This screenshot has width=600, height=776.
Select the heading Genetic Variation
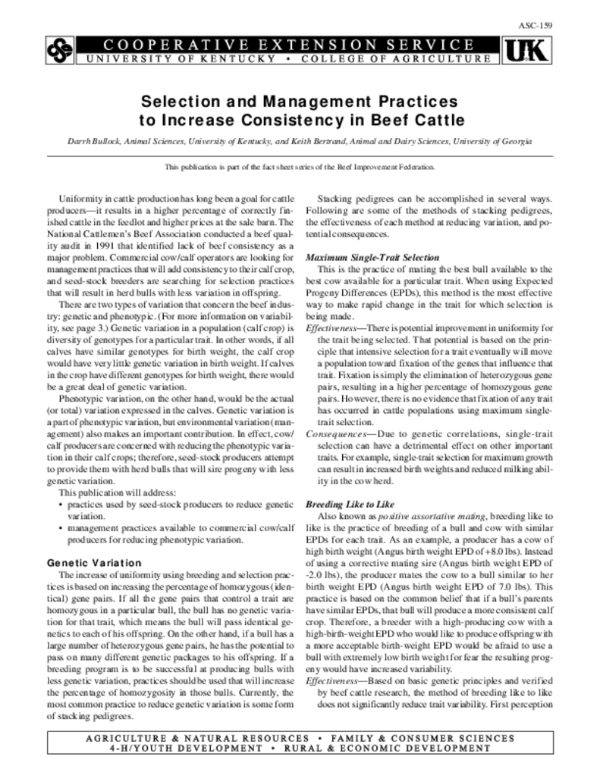[94, 563]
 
